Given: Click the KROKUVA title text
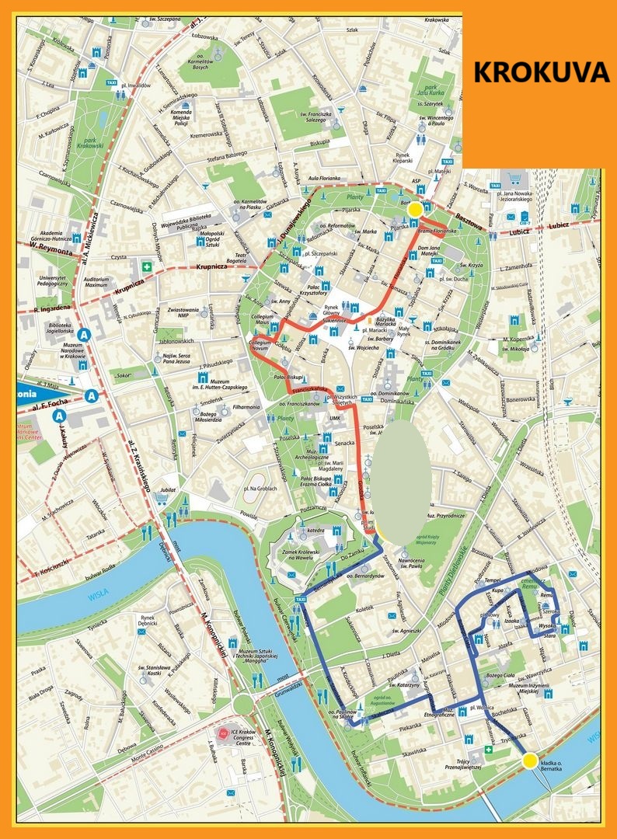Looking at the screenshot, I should [x=541, y=72].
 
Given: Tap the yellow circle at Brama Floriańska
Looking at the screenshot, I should [x=416, y=209].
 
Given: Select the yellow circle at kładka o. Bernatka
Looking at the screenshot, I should [x=530, y=761].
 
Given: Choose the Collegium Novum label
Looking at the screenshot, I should [x=264, y=345].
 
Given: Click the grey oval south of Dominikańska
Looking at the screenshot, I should [x=399, y=482].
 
